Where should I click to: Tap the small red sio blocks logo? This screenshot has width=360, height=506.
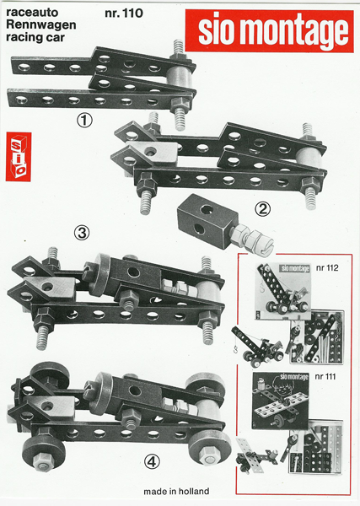coord(19,157)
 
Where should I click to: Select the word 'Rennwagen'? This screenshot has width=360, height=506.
coord(41,24)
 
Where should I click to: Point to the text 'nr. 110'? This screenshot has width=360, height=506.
coord(124,13)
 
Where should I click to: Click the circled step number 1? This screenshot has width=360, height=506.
coord(84,121)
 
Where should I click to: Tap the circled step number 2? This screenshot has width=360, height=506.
coord(263,209)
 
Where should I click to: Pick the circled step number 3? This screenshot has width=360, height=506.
coord(82,233)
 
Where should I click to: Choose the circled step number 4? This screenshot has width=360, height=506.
coord(152,463)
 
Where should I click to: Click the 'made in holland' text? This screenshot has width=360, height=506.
coord(176,492)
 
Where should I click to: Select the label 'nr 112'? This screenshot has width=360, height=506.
coord(327,268)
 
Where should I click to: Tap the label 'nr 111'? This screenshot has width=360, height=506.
coord(325,377)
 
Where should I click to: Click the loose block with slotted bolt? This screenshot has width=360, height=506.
coord(223,224)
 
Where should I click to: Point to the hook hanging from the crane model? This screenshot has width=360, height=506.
coord(236,350)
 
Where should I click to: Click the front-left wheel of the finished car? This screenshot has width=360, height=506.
coord(43,449)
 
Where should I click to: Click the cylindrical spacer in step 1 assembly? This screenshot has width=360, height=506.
coord(180,78)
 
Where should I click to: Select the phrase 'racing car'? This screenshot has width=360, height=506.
coord(35,37)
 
